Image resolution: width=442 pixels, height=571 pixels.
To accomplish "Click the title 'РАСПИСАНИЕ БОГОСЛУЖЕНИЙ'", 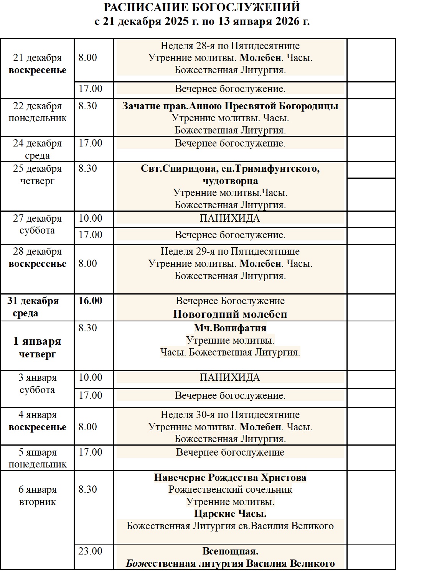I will pyautogui.click(x=202, y=7).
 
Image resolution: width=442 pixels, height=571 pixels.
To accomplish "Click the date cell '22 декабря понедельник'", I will pyautogui.click(x=37, y=112).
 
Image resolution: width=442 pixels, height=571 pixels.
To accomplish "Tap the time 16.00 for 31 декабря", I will pyautogui.click(x=90, y=301).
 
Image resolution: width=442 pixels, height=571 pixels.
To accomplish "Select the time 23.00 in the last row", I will pyautogui.click(x=90, y=551).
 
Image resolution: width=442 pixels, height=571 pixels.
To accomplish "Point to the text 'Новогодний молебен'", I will pyautogui.click(x=230, y=314).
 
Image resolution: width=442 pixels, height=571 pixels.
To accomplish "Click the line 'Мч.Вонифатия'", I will pyautogui.click(x=230, y=328).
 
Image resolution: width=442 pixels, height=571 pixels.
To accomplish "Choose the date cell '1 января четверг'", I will pyautogui.click(x=37, y=347).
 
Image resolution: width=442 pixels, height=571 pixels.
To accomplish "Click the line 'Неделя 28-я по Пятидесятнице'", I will pyautogui.click(x=230, y=46).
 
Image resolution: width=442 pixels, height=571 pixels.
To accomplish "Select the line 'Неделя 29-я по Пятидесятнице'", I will pyautogui.click(x=230, y=251).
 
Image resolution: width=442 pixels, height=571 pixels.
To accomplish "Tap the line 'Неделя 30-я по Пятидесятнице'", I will pyautogui.click(x=230, y=415).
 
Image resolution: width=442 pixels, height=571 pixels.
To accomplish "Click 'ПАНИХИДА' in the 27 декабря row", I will pyautogui.click(x=230, y=218).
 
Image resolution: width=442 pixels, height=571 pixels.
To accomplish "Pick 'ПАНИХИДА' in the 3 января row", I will pyautogui.click(x=230, y=377).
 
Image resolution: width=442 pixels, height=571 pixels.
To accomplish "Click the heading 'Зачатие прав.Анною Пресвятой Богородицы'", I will pyautogui.click(x=230, y=106).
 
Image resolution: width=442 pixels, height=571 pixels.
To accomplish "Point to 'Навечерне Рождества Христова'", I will pyautogui.click(x=230, y=477).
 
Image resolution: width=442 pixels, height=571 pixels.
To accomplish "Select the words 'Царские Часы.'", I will pyautogui.click(x=230, y=513).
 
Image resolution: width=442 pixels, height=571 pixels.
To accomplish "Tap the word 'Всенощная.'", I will pyautogui.click(x=230, y=551).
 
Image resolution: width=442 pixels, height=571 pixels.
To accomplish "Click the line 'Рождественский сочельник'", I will pyautogui.click(x=230, y=489).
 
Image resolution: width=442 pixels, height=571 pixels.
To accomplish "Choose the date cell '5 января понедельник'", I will pyautogui.click(x=37, y=458).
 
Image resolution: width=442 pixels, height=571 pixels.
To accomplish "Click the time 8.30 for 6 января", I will pyautogui.click(x=87, y=489).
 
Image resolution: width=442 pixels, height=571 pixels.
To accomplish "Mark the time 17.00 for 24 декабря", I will pyautogui.click(x=90, y=143).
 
